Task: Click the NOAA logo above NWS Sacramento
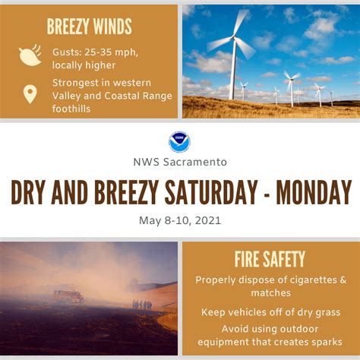coord(179,142)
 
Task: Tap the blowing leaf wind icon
coord(30,55)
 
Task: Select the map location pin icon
coord(30,94)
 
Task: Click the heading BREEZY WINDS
coord(89,27)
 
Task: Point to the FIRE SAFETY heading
coord(270,259)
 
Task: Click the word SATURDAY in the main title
coord(211,192)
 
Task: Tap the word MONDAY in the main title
coord(314,192)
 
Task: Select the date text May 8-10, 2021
coord(180,220)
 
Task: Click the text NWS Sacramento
coord(180,162)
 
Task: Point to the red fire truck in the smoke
coord(68,296)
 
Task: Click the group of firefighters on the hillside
coord(142,305)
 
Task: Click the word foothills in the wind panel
coord(71,109)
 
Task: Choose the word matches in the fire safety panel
coord(271,293)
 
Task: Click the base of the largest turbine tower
coord(232,99)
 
